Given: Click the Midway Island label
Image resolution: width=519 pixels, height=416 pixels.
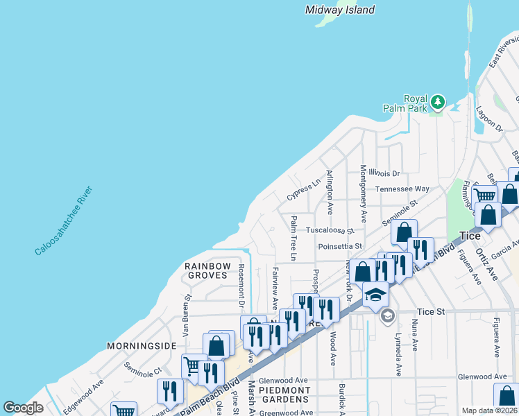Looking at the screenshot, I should [340, 10].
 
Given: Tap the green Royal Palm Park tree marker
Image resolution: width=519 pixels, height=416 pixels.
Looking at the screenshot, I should [437, 103].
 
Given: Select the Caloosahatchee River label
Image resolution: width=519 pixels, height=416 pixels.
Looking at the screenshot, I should [64, 221].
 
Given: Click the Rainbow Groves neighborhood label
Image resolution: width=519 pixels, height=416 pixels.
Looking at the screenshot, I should [206, 270].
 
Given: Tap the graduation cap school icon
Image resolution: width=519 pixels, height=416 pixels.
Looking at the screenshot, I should [375, 295].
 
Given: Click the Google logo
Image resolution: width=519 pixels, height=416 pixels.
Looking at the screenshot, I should [23, 408].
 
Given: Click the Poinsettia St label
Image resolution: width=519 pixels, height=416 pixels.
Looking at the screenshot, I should [340, 246].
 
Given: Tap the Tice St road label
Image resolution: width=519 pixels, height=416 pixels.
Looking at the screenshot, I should [430, 312].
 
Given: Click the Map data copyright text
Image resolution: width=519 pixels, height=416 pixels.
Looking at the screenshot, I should [489, 410].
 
